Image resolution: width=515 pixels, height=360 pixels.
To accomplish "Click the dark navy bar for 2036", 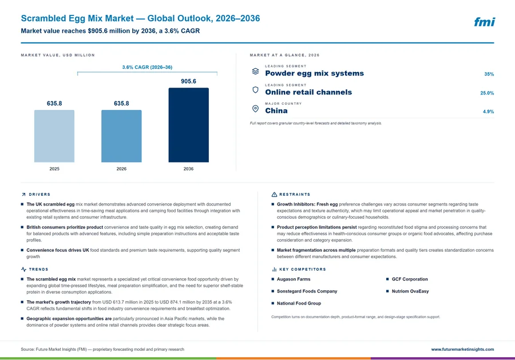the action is [x=188, y=125].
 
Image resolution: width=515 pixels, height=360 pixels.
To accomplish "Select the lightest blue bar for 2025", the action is [x=54, y=136].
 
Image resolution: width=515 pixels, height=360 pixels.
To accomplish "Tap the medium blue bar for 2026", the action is [x=121, y=136].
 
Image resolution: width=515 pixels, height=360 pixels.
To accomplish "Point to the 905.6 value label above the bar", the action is [x=188, y=81].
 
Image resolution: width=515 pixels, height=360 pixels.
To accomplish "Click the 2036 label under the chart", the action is [x=188, y=169].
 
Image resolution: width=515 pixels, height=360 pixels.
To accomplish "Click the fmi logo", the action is [x=485, y=22].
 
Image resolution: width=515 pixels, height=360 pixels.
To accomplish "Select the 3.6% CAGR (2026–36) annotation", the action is [x=147, y=67].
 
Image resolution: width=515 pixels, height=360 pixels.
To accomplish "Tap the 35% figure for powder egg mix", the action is [x=489, y=74].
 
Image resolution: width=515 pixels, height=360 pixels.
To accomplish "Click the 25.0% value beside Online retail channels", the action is [x=487, y=93].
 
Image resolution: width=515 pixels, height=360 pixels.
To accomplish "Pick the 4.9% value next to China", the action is [x=489, y=112].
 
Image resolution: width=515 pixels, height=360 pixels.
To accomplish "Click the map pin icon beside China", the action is [x=255, y=109].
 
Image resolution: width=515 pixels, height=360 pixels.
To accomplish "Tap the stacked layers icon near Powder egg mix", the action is [x=255, y=72].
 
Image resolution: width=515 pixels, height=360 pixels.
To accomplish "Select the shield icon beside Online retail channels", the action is [x=255, y=90].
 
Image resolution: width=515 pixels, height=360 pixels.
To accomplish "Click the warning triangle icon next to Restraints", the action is [x=274, y=195].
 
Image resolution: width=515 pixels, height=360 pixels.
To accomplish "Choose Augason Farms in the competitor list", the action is [x=294, y=279].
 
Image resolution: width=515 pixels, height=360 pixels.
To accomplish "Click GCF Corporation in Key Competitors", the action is [x=410, y=279].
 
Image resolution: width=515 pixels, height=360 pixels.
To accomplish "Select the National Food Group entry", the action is [x=299, y=303].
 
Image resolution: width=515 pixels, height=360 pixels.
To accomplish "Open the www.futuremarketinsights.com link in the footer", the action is [x=462, y=349].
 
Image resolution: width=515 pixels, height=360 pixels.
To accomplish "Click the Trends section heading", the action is [x=38, y=270].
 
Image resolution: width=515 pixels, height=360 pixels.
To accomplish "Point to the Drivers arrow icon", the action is [x=23, y=195].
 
